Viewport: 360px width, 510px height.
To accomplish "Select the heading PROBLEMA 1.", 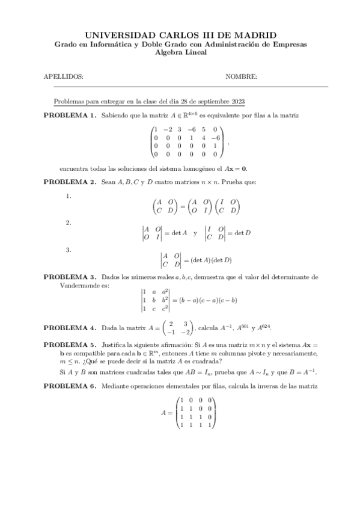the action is tap(69, 114).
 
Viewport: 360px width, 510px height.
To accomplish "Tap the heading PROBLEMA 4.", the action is tap(69, 328).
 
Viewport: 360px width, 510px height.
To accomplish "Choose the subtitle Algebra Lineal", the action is tap(180, 52).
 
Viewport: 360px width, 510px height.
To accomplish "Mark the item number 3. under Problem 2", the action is tap(69, 250).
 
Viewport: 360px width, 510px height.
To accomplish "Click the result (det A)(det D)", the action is tap(211, 260).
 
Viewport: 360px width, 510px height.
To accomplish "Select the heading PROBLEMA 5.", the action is tap(69, 345).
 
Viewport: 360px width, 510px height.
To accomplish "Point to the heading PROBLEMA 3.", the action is tap(69, 277).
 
